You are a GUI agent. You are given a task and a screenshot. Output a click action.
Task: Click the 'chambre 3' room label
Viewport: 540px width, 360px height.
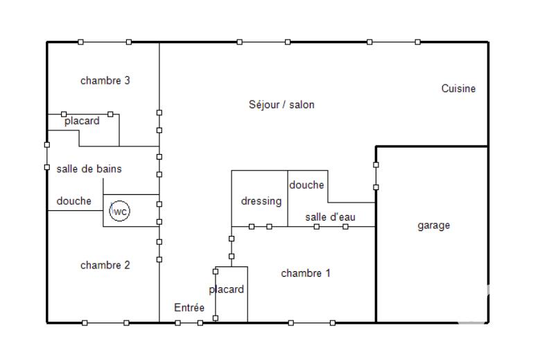tap(105, 80)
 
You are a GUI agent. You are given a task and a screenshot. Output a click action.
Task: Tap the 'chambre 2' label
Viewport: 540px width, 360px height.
tap(105, 265)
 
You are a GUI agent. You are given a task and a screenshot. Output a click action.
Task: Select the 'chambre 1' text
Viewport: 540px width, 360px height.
tap(306, 273)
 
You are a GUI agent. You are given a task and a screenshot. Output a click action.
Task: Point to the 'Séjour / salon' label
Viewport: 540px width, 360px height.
tap(281, 105)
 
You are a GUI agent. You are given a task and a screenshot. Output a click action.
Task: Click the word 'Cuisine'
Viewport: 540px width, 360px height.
tap(459, 88)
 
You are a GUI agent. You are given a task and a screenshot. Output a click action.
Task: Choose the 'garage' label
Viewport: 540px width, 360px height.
tap(433, 225)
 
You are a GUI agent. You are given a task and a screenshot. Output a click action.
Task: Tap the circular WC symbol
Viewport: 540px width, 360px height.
tap(119, 211)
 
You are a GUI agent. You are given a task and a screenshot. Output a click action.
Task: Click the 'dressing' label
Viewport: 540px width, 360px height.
tap(261, 201)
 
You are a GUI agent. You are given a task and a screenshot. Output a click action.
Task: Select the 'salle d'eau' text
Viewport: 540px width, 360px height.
tap(331, 217)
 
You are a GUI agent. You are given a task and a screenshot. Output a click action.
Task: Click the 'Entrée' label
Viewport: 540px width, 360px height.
tap(189, 308)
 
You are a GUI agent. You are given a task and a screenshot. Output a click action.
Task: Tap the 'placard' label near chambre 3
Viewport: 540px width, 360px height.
tap(82, 121)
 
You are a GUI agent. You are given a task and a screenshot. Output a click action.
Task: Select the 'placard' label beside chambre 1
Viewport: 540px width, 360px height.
tap(227, 289)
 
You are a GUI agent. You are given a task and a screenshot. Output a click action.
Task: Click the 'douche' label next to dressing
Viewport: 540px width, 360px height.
tap(306, 185)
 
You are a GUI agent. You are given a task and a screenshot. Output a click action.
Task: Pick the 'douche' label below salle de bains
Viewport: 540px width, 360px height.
tap(73, 201)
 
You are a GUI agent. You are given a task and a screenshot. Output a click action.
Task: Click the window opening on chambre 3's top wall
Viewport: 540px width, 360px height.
tap(105, 42)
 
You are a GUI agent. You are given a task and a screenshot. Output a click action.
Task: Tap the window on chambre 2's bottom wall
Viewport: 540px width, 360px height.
tap(105, 323)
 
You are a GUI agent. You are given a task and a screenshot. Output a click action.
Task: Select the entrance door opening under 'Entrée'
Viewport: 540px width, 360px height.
tap(189, 323)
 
